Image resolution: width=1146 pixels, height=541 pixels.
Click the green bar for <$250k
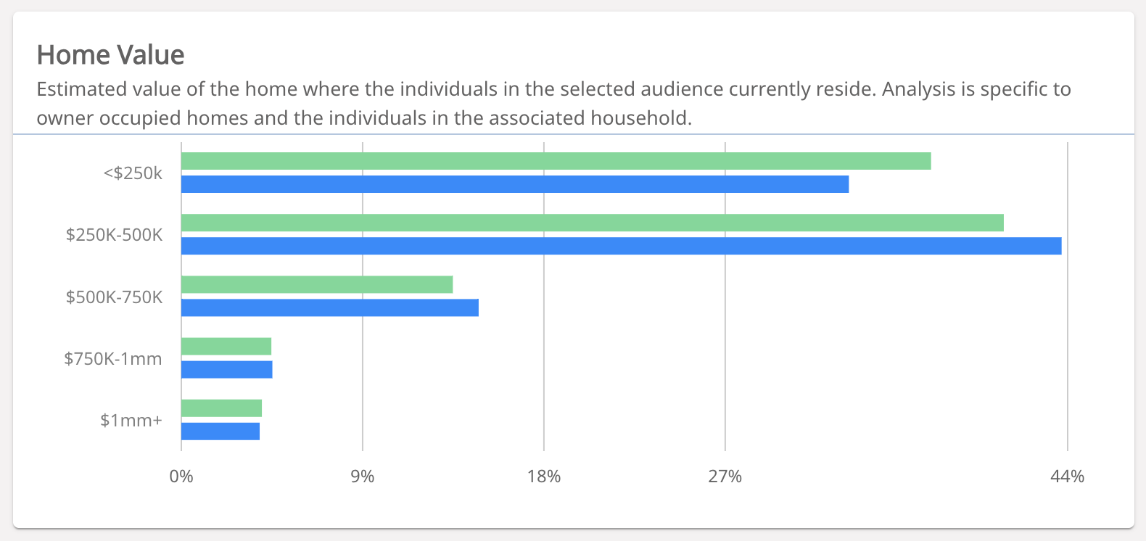(556, 161)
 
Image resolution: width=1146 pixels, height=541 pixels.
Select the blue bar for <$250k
(515, 184)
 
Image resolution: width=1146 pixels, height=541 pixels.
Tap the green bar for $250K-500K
(592, 223)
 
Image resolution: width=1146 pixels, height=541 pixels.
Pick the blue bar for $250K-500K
(621, 246)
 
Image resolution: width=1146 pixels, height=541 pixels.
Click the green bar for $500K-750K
(317, 284)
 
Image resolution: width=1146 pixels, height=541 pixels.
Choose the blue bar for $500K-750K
(330, 307)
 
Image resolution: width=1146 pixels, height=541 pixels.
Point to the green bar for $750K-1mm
(226, 347)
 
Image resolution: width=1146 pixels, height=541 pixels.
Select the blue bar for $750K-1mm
(227, 370)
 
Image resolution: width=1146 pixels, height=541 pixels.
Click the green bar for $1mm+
(221, 408)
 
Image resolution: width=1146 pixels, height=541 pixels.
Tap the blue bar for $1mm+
(220, 431)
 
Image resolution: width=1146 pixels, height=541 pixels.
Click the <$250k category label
(133, 173)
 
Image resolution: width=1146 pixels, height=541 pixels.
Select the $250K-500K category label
(114, 235)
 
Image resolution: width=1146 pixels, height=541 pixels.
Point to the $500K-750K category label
(114, 297)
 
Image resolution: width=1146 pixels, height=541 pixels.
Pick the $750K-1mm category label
(113, 359)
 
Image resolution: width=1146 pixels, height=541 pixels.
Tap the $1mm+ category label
(131, 421)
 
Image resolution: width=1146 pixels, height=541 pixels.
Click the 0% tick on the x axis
(181, 476)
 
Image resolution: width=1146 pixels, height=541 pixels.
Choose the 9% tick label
(363, 476)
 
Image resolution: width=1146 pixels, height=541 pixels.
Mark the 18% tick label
(544, 476)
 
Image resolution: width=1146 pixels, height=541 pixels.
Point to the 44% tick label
(1068, 476)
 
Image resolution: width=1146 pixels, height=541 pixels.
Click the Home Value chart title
(111, 55)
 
